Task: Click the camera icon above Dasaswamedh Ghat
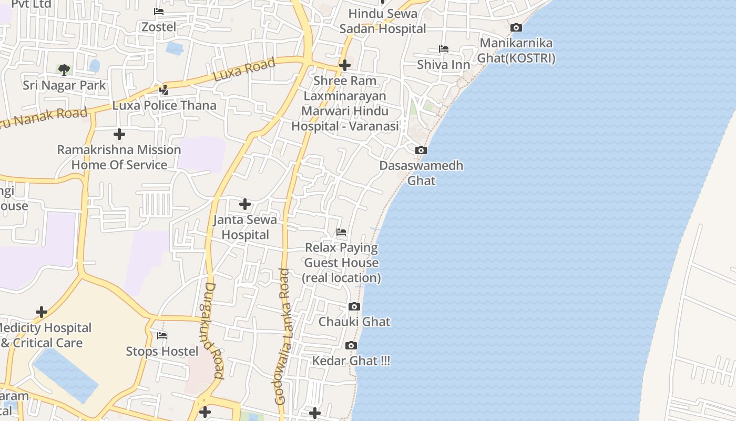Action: [x=421, y=151]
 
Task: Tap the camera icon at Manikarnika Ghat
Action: [x=516, y=28]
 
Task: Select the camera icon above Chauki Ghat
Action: [x=354, y=307]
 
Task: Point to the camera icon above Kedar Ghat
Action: [x=351, y=346]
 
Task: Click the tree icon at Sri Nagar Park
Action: [x=64, y=69]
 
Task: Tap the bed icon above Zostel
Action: [x=159, y=12]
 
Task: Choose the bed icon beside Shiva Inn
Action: [x=444, y=49]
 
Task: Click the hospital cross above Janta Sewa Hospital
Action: [x=245, y=204]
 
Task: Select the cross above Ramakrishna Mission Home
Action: [x=119, y=134]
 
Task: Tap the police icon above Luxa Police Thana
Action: [x=164, y=90]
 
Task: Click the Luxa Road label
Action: [x=244, y=70]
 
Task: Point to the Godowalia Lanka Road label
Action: [x=283, y=337]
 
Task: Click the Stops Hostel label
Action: [x=162, y=351]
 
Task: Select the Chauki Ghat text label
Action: [x=354, y=322]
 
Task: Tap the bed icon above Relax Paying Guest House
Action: [x=341, y=232]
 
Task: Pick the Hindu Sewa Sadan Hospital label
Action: [x=383, y=21]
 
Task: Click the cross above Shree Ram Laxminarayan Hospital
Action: [x=345, y=65]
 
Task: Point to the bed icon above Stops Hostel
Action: [x=162, y=336]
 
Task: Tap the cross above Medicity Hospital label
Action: [x=42, y=313]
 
